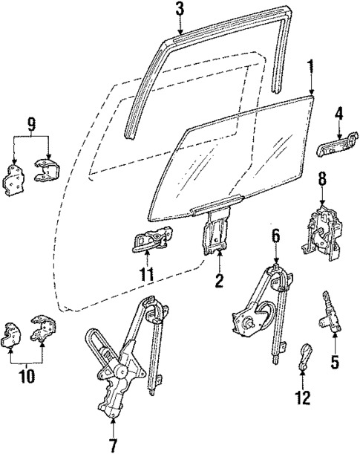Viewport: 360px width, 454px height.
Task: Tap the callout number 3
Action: point(179,9)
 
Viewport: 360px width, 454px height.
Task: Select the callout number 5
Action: point(333,363)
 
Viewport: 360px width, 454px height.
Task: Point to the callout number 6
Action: point(275,237)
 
